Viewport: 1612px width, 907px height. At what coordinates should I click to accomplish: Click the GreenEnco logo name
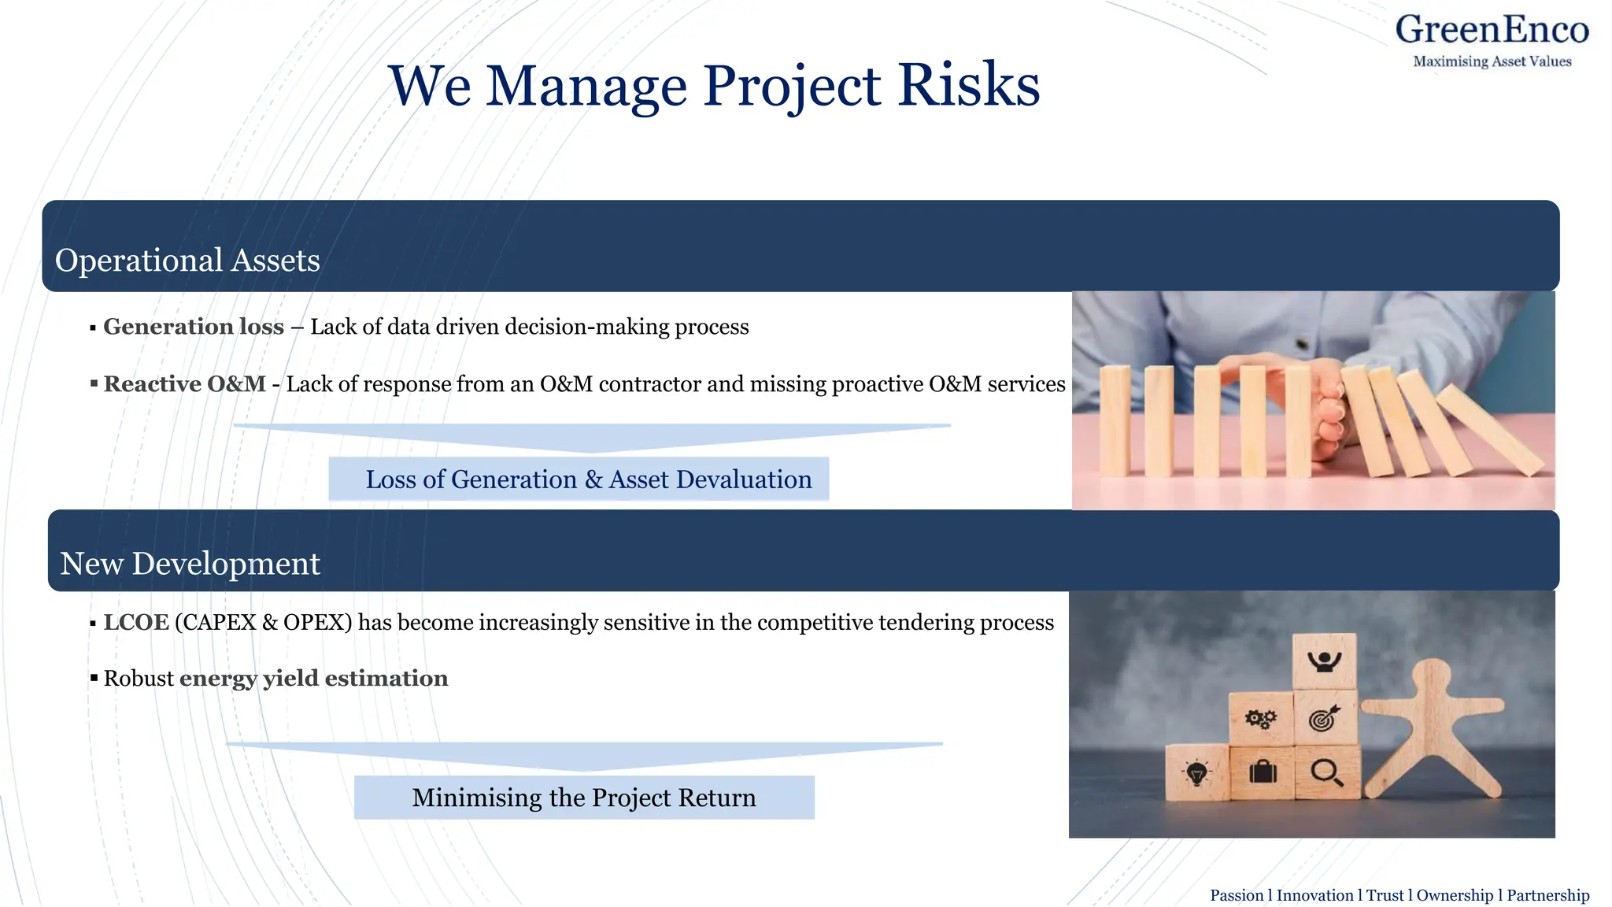click(x=1492, y=30)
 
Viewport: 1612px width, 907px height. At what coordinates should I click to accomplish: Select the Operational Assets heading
click(x=187, y=261)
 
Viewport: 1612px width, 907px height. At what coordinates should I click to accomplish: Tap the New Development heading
click(x=190, y=564)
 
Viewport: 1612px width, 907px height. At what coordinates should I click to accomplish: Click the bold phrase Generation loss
click(x=194, y=327)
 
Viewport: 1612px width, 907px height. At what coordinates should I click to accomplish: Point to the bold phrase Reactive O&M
click(x=185, y=384)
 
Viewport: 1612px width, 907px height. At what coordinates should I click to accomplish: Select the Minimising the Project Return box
click(x=584, y=798)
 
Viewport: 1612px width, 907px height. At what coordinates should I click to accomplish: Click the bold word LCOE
click(x=136, y=623)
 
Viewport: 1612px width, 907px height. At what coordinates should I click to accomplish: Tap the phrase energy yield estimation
click(x=313, y=679)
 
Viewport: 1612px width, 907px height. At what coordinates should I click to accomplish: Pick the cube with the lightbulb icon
click(x=1196, y=773)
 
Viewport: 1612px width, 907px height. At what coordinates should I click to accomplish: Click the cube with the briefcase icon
click(x=1263, y=772)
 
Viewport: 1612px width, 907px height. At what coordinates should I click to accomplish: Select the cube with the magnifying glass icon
click(x=1327, y=772)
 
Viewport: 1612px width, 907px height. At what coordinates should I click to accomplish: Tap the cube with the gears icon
click(x=1260, y=718)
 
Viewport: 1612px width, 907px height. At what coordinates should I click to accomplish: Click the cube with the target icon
click(x=1325, y=718)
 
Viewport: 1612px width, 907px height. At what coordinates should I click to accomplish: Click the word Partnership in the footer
click(x=1547, y=895)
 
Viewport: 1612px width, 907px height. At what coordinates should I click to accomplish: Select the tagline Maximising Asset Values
click(x=1492, y=61)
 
